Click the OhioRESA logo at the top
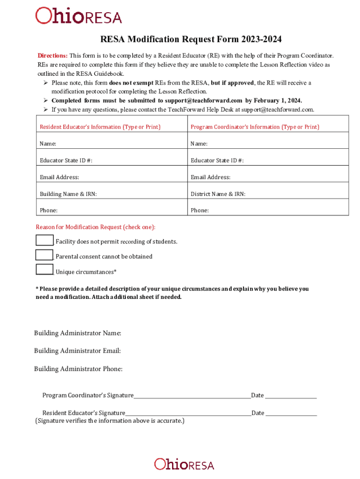point(79,16)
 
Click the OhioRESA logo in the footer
point(184,464)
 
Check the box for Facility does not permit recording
point(44,240)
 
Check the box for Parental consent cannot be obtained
point(44,255)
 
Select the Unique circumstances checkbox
point(44,270)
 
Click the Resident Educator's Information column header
point(100,127)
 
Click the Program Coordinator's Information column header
point(255,127)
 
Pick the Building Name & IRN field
point(112,194)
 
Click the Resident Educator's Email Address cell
point(112,177)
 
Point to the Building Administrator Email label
point(78,351)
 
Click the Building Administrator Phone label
point(79,369)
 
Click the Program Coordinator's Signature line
point(192,396)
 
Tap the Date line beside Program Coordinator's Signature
point(291,396)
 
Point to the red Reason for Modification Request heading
point(96,227)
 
